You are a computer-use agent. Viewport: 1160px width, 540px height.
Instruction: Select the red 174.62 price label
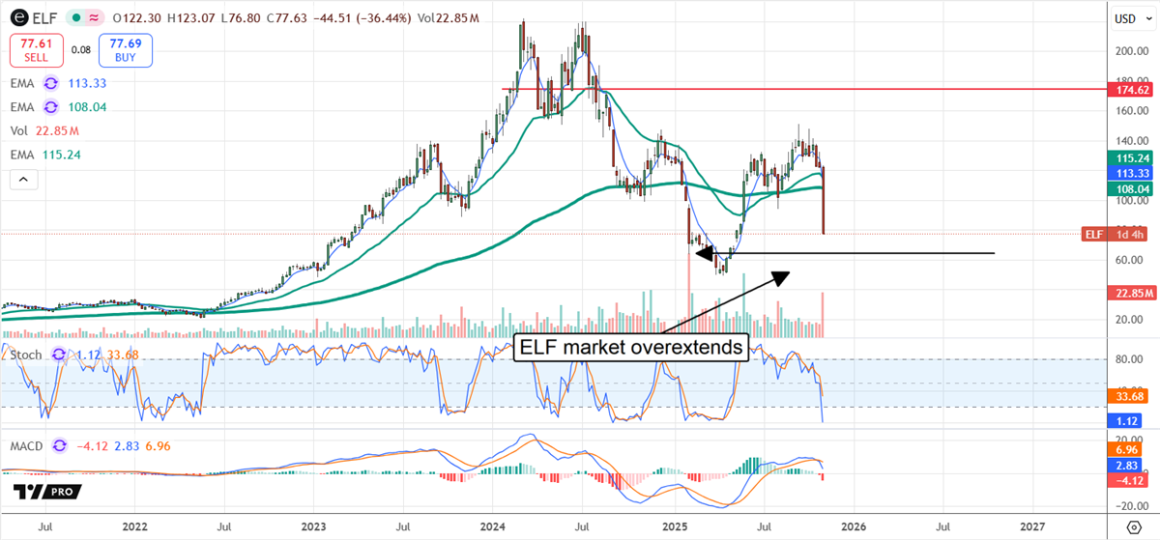coord(1130,89)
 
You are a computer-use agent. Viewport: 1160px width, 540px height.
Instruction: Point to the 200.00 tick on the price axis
coord(1126,52)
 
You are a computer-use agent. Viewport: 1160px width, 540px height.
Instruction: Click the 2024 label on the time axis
coord(494,527)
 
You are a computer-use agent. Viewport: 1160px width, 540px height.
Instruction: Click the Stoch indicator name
coord(25,355)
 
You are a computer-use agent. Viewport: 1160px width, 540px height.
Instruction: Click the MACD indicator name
coord(29,446)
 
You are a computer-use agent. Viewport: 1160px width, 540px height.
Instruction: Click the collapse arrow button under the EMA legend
coord(23,179)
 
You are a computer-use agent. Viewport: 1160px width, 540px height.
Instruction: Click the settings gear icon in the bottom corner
coord(1132,527)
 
